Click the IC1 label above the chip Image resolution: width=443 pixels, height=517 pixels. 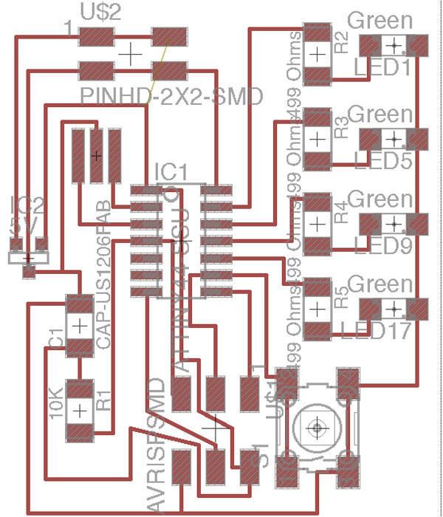(171, 173)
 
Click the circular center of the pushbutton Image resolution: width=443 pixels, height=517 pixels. (317, 426)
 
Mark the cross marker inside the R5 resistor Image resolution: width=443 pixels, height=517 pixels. (317, 308)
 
